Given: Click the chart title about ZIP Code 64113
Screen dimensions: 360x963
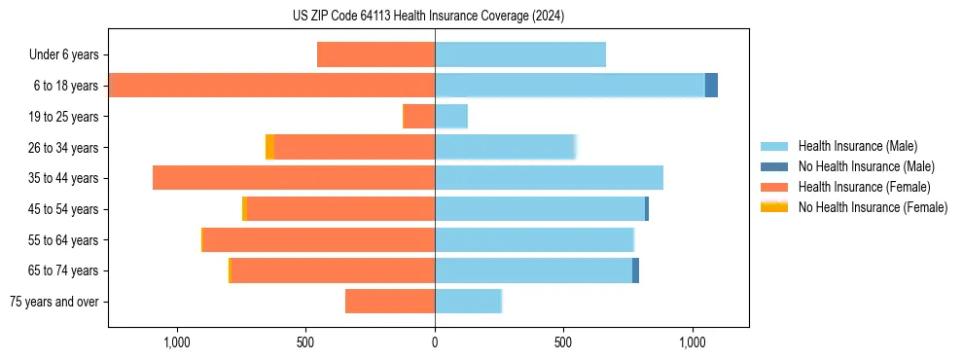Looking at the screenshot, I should point(428,16).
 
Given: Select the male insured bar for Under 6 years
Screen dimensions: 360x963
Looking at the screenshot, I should point(520,54).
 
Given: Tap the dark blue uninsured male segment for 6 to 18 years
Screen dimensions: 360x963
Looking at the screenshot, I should point(711,86).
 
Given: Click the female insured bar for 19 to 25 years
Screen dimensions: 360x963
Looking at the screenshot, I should point(418,117).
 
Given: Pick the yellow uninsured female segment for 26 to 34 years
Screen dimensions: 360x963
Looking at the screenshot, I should point(269,147).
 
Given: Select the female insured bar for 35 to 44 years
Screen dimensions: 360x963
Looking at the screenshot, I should point(294,178).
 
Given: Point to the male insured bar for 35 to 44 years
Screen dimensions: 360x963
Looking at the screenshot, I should point(549,178).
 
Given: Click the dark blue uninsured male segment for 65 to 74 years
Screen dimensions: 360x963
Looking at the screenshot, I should point(635,270).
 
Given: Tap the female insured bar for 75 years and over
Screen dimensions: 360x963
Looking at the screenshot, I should point(390,302).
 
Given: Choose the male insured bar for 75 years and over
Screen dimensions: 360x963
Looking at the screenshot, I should point(468,302).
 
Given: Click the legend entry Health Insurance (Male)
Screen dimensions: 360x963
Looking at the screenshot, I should point(857,146).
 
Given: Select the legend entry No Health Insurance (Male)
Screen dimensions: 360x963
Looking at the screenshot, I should point(866,166).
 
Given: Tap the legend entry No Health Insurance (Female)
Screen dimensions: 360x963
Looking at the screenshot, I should point(873,207).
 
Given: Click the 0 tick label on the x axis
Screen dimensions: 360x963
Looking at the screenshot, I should point(435,342).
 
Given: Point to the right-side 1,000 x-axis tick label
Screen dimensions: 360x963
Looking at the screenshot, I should point(693,342).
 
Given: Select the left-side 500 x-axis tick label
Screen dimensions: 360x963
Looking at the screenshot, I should point(305,342).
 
